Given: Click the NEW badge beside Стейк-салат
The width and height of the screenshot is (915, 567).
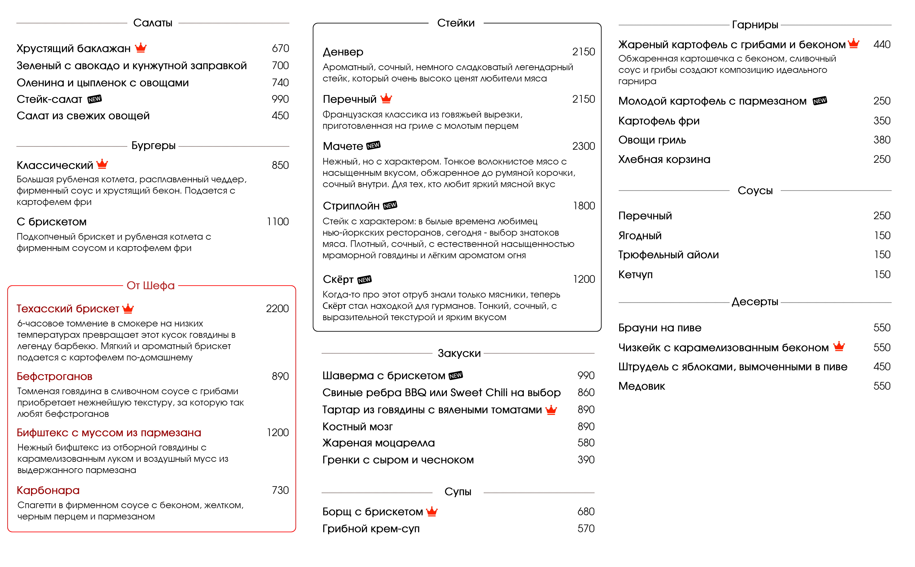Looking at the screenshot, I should [x=95, y=99].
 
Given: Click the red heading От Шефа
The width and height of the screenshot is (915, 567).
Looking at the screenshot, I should [x=150, y=285].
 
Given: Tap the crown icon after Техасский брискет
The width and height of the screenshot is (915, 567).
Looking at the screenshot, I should [x=128, y=308].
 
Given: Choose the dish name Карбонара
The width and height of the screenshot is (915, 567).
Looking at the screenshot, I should [x=48, y=490].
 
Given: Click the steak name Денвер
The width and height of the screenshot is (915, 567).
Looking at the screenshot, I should [x=343, y=52].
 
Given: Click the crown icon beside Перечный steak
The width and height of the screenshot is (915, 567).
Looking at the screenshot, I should [x=386, y=99].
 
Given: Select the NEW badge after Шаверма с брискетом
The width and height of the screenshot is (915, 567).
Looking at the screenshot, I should [x=455, y=375].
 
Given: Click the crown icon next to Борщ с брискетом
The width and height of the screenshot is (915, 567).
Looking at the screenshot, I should [x=432, y=512].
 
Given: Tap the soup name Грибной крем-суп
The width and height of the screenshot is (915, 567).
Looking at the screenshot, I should [x=371, y=529].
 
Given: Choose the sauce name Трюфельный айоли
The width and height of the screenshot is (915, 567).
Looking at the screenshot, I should [x=668, y=255].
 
